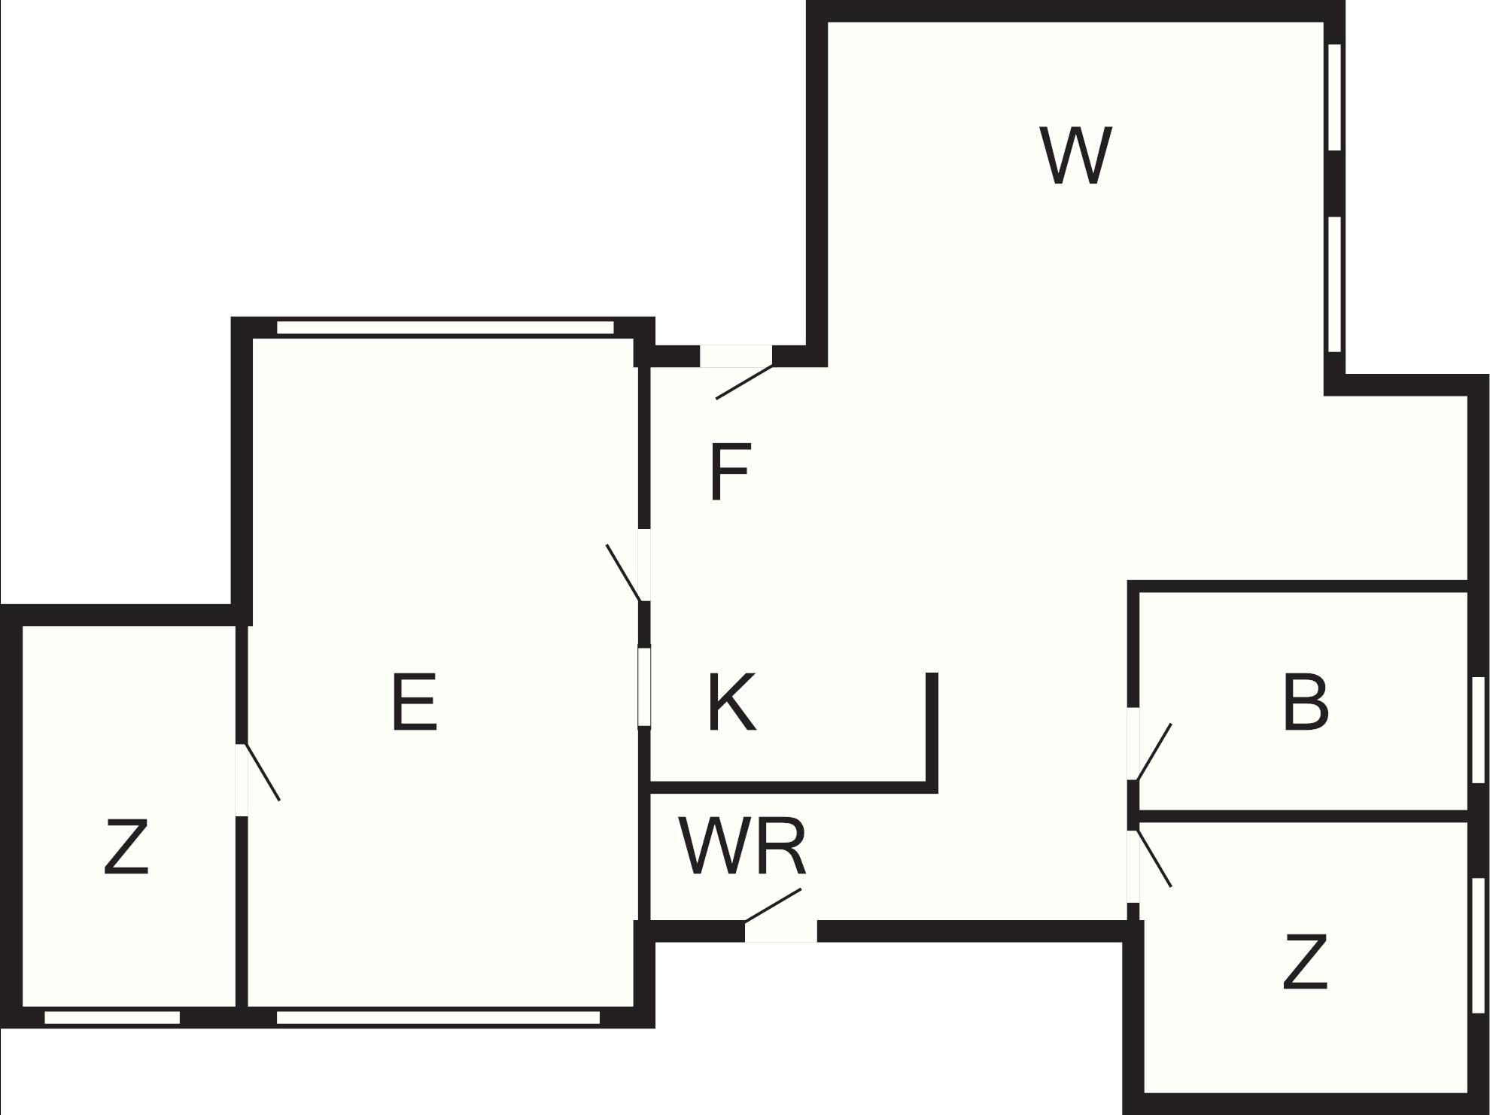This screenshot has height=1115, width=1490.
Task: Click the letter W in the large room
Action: click(1075, 156)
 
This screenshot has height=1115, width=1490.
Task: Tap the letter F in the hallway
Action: click(729, 472)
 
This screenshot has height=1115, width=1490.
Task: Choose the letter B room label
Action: click(1306, 703)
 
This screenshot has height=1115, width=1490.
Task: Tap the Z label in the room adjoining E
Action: click(126, 848)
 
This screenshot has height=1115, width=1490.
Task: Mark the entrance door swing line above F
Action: click(743, 382)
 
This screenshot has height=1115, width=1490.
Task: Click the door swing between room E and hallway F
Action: click(623, 573)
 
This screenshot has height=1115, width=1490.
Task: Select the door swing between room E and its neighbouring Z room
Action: click(263, 773)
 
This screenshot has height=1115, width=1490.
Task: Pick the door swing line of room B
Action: click(1154, 752)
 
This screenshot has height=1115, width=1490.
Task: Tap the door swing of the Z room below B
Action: click(1154, 858)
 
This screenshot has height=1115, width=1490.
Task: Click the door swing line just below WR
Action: click(773, 905)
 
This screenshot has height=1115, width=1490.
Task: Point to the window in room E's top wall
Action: click(445, 327)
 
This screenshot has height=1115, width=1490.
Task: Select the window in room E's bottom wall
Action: click(438, 1018)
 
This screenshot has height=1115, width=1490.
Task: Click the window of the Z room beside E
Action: click(112, 1018)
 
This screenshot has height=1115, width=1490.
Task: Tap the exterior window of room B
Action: click(1478, 731)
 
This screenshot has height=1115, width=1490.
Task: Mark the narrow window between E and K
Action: click(644, 686)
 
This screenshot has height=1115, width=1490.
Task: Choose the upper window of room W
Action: click(1334, 97)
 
